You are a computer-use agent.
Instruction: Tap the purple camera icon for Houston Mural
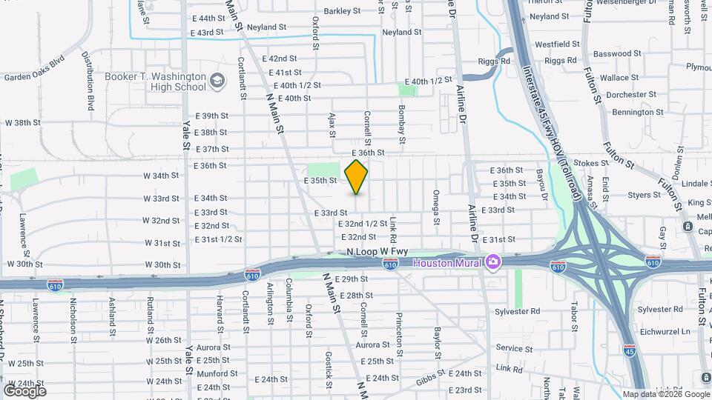[x=493, y=262]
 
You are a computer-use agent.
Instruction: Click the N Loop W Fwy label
[x=378, y=252]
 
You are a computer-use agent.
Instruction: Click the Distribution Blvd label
[x=88, y=81]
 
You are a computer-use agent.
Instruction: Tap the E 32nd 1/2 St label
[x=363, y=224]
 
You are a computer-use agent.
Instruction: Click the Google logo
[x=24, y=390]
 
